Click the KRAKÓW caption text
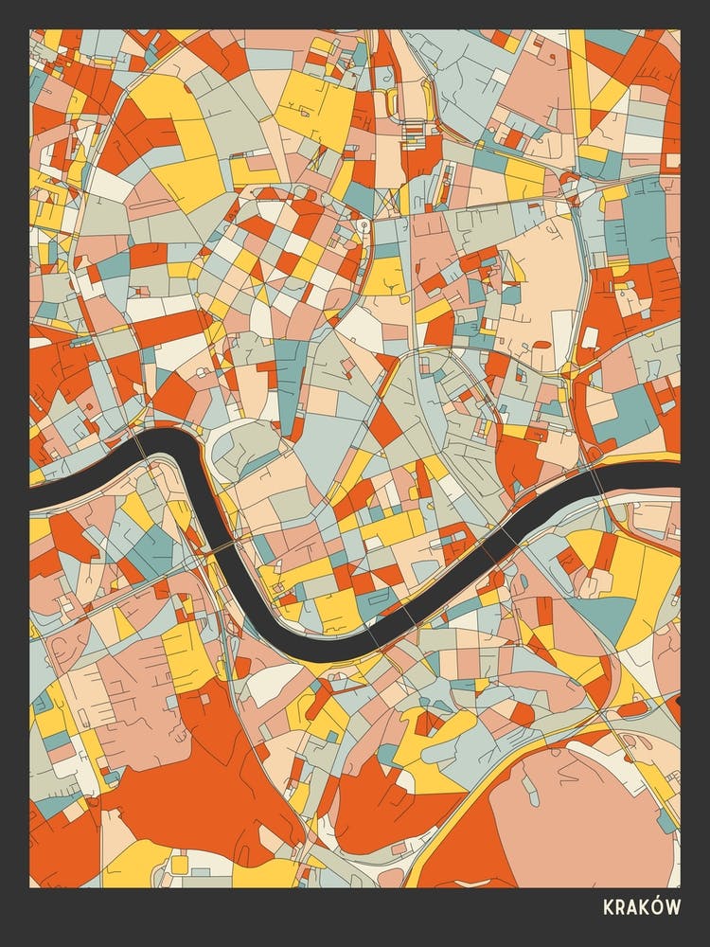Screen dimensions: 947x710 coord(641,907)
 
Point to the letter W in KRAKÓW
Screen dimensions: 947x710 coord(673,907)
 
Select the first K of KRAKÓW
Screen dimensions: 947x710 coord(608,907)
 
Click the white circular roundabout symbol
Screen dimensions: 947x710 coord(364,224)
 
